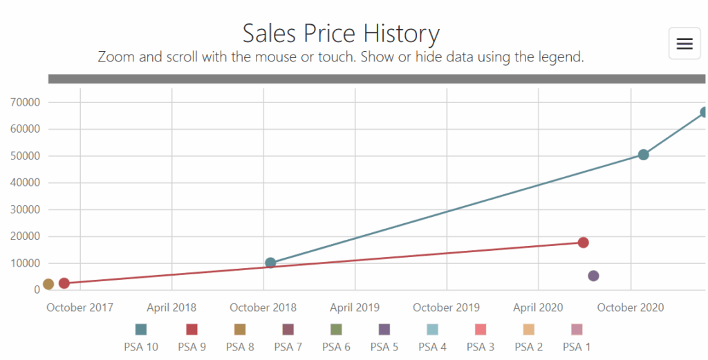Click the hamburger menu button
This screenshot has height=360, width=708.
(684, 44)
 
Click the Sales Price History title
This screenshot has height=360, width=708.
(341, 33)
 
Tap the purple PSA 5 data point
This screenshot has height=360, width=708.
(593, 276)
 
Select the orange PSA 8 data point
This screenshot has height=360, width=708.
(48, 284)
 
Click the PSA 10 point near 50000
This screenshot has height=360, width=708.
(643, 155)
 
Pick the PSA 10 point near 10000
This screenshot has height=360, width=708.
(270, 263)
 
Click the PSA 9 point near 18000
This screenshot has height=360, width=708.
(583, 243)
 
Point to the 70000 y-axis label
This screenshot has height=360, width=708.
(26, 102)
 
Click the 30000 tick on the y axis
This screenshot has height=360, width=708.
(26, 209)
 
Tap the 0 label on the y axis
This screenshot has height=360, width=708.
(37, 290)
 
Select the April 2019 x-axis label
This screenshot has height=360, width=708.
(355, 307)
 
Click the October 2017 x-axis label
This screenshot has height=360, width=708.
(80, 307)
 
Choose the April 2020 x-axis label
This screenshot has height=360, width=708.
(538, 307)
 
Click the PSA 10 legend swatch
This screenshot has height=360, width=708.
(141, 330)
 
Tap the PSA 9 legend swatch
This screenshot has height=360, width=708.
(192, 330)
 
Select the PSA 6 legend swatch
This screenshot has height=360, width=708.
(336, 330)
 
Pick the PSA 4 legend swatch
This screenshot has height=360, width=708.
(432, 330)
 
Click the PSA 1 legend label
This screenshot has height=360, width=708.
(577, 347)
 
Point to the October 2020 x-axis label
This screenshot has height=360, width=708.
(631, 307)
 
